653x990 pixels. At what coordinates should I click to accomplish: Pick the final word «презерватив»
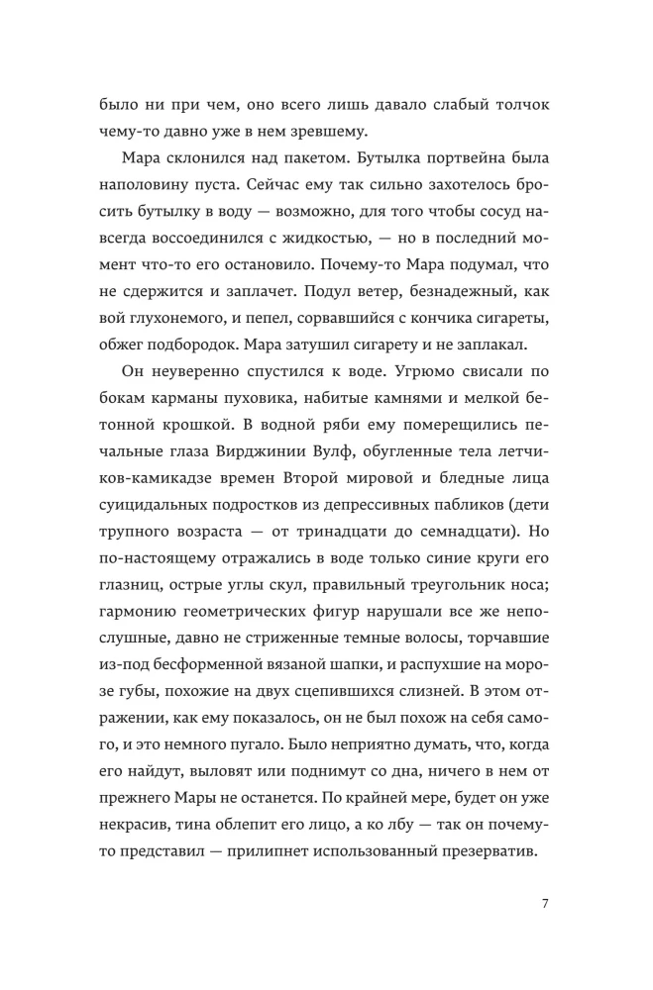coord(490,837)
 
